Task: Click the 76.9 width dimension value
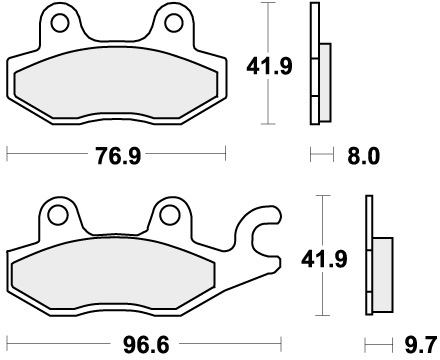pos(118,156)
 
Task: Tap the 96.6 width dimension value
pos(146,345)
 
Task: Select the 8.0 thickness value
pos(363,156)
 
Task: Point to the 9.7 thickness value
pos(421,345)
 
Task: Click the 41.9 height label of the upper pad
pos(269,66)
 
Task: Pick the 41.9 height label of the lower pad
pos(324,259)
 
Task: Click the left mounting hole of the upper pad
pos(60,23)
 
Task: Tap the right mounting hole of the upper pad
pos(174,23)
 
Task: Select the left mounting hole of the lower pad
pos(57,215)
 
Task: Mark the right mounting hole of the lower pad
pos(170,215)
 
